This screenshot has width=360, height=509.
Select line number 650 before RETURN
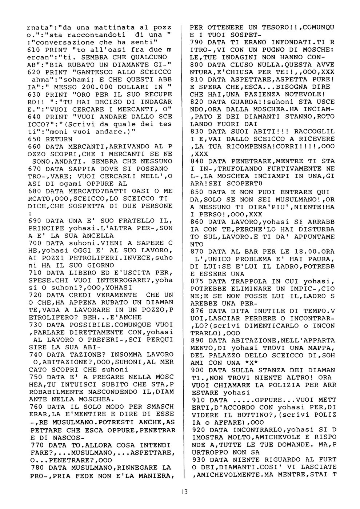34,139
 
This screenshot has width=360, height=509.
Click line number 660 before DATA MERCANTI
34,146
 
